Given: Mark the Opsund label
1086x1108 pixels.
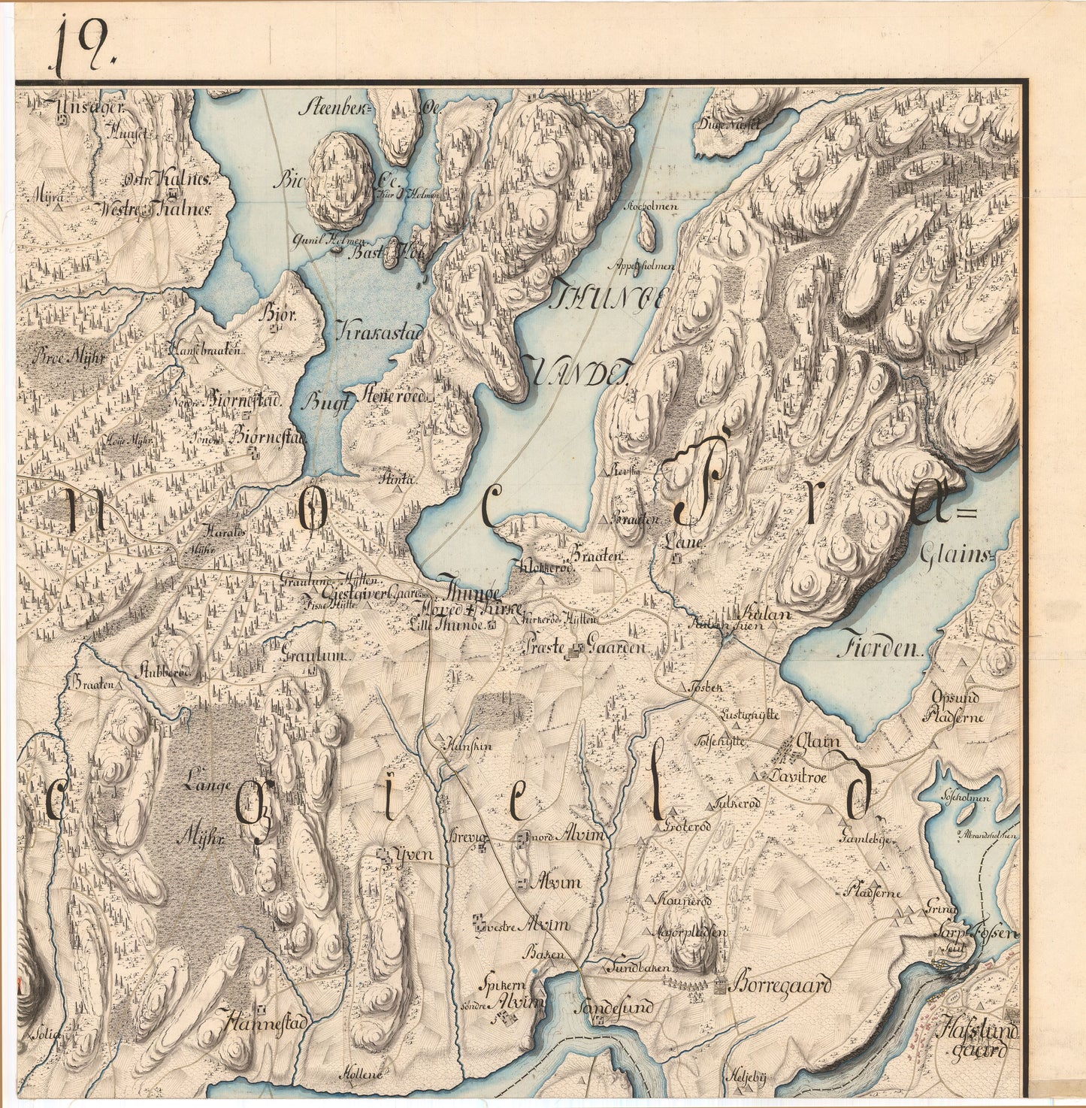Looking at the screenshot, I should (x=955, y=697).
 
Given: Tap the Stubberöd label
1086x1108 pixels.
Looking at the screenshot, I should (x=167, y=671).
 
